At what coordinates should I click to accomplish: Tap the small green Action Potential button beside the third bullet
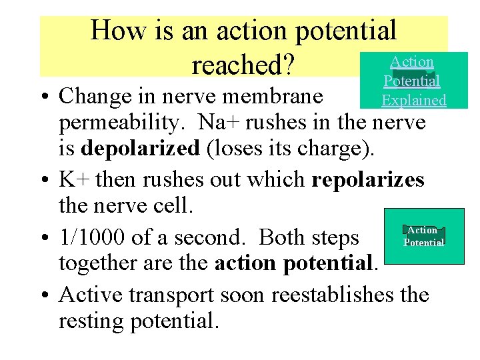[x=423, y=236]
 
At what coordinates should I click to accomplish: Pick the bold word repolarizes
[x=367, y=180]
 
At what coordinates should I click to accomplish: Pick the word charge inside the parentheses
[x=325, y=148]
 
